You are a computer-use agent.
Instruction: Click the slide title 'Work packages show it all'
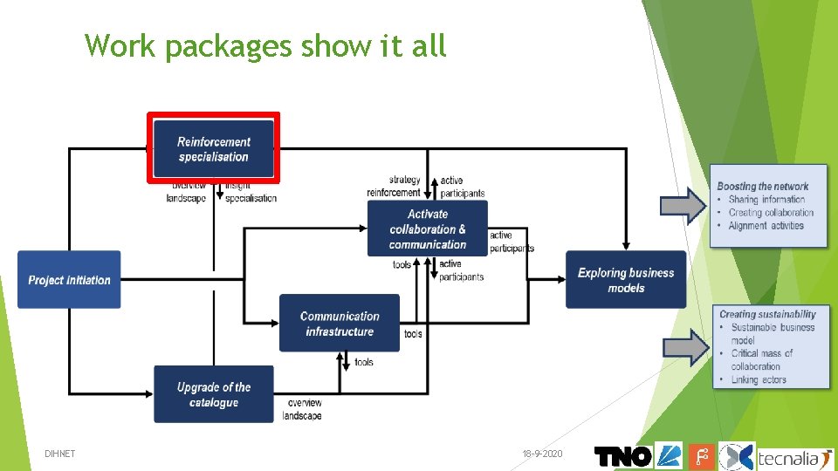(x=265, y=45)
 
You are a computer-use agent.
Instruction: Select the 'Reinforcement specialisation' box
(x=214, y=149)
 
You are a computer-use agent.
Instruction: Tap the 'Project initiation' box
(x=69, y=280)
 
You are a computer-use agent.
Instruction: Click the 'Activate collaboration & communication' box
(x=428, y=229)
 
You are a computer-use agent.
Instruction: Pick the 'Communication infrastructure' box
(x=340, y=324)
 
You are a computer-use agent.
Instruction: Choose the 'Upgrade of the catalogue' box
(x=214, y=394)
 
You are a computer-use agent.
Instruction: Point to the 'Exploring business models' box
(x=626, y=280)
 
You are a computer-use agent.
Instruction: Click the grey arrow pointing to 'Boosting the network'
(x=683, y=205)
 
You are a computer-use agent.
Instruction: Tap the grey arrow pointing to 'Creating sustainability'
(x=686, y=347)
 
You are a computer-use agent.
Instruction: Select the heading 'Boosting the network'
(x=762, y=186)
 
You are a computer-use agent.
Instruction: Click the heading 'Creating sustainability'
(x=767, y=314)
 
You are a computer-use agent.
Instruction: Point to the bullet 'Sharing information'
(x=766, y=200)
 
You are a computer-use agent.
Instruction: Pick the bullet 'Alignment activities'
(x=766, y=226)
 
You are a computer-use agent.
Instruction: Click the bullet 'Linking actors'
(x=759, y=379)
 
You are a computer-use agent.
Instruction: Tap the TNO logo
(x=622, y=456)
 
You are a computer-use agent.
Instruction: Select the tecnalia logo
(x=794, y=456)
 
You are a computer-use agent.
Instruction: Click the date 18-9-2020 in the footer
(x=542, y=454)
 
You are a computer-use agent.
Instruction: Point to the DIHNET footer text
(x=60, y=454)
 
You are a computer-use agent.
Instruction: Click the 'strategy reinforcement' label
(x=394, y=187)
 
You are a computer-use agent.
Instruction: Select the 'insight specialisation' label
(x=250, y=192)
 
